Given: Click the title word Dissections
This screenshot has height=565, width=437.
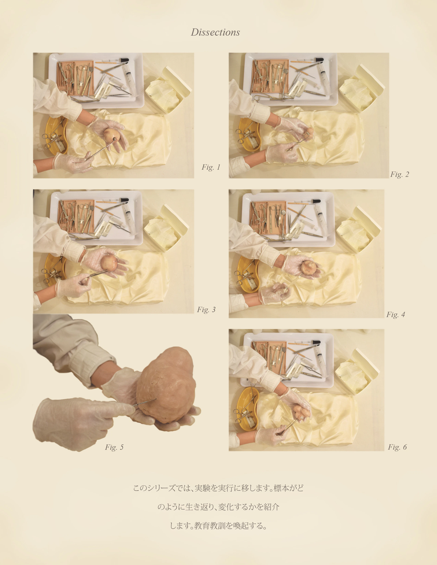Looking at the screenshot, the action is (215, 32).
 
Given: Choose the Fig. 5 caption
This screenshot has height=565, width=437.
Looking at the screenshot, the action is (114, 447).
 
